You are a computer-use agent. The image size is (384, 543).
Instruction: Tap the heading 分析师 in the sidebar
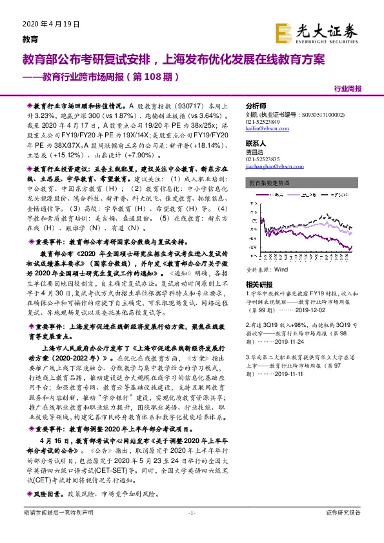pyautogui.click(x=256, y=105)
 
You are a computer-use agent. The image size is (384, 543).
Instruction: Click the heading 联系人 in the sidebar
pyautogui.click(x=256, y=143)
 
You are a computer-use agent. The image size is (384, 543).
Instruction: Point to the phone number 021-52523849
pyautogui.click(x=264, y=121)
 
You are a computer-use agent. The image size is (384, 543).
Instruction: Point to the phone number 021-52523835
pyautogui.click(x=264, y=158)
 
